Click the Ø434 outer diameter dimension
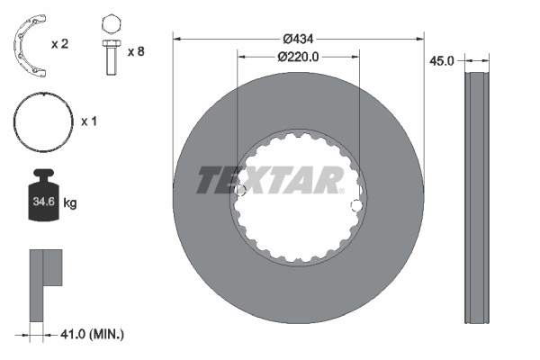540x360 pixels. (x=298, y=39)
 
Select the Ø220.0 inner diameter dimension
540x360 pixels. (x=298, y=56)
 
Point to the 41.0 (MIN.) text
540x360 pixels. (x=89, y=334)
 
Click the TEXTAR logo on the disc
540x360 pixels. (x=270, y=181)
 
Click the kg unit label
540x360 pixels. (x=70, y=203)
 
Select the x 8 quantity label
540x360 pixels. (x=136, y=51)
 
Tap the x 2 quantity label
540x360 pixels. (x=61, y=43)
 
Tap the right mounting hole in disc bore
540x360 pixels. (x=356, y=206)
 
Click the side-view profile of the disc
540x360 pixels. (x=477, y=198)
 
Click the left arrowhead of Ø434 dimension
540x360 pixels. (x=177, y=39)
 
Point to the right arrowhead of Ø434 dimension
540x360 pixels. (x=418, y=39)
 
